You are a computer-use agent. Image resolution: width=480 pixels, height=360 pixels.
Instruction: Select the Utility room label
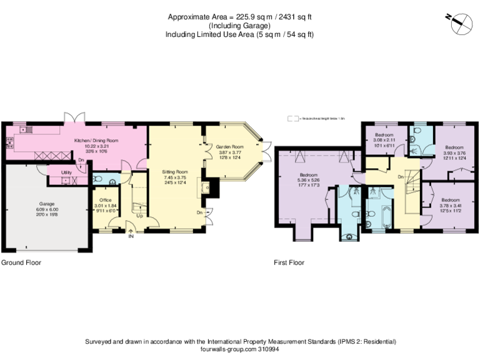pos(66,172)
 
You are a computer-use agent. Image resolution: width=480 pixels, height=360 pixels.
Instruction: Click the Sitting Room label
pos(175,171)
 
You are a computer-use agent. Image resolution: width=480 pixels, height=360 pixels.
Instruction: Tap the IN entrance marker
pos(131,236)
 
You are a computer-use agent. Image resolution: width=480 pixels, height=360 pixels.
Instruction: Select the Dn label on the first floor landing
pos(400,177)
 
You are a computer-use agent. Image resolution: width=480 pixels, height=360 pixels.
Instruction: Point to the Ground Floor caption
pos(21,263)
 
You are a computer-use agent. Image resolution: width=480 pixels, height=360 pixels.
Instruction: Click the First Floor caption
pos(289,263)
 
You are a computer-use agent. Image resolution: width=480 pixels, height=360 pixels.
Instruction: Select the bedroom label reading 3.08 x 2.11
pos(384,140)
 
